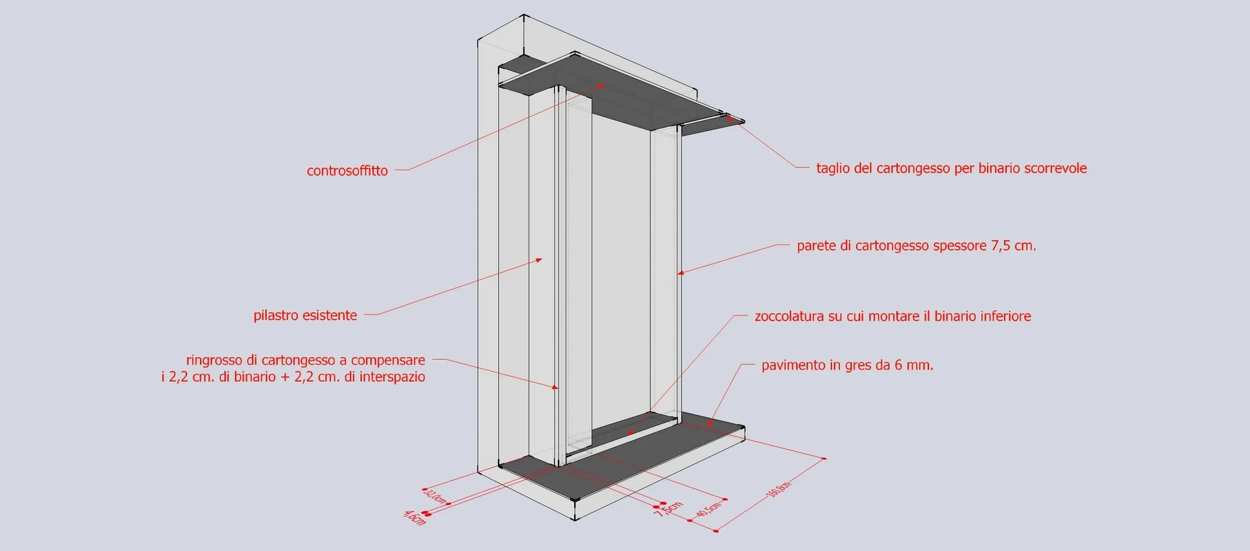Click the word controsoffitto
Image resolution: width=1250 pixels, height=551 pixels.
pyautogui.click(x=347, y=171)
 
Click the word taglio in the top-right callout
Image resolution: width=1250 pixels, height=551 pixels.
pyautogui.click(x=833, y=168)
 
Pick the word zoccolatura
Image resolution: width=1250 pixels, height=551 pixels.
pyautogui.click(x=789, y=316)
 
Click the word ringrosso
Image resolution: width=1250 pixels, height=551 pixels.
pyautogui.click(x=214, y=360)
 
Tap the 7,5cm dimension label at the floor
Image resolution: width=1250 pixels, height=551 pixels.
pyautogui.click(x=669, y=509)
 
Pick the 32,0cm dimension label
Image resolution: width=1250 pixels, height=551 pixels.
pyautogui.click(x=436, y=496)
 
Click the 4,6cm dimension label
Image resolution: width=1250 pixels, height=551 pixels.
pyautogui.click(x=414, y=518)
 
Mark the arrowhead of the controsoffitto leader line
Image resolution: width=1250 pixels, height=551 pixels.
pyautogui.click(x=601, y=85)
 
